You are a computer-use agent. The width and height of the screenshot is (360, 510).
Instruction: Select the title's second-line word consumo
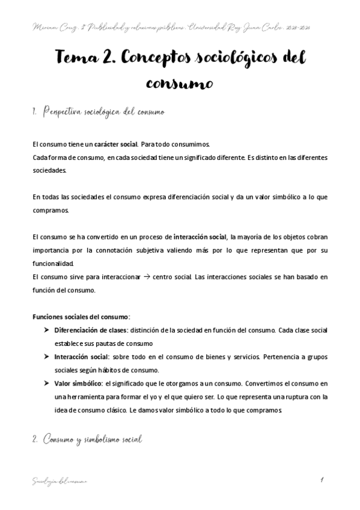180,82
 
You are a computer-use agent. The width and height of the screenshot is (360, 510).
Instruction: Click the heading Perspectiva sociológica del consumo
102,112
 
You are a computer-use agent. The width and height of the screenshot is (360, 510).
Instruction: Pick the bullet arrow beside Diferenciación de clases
47,331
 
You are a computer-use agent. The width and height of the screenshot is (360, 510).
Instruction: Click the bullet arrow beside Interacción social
47,357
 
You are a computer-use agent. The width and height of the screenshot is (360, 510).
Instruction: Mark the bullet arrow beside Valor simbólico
47,384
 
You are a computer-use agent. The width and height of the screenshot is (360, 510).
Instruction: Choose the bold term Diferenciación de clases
90,331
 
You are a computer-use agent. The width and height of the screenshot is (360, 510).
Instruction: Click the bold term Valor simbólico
78,384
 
